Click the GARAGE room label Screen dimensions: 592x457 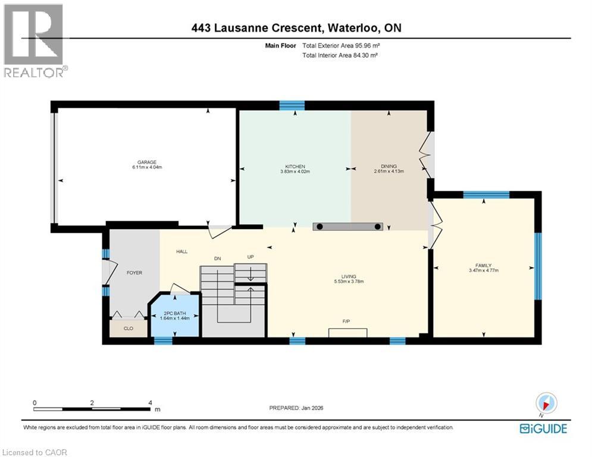pos(147,162)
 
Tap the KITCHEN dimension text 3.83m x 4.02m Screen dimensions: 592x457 pos(295,171)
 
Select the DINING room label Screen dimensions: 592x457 pos(389,166)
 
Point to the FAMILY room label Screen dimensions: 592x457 pos(484,265)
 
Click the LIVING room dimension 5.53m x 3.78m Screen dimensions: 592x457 pos(349,281)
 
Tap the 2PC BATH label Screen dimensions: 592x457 pos(175,314)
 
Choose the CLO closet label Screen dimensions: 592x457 pos(129,328)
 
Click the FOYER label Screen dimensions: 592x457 pos(134,273)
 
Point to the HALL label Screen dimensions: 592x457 pos(181,252)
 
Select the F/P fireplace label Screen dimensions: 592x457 pos(346,321)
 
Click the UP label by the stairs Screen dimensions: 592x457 pos(250,257)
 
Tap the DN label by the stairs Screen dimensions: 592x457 pos(218,259)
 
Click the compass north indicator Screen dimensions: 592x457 pos(546,403)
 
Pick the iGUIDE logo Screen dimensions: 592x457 pos(543,428)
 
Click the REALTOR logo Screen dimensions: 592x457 pos(35,40)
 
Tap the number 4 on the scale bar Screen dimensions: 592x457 pos(151,403)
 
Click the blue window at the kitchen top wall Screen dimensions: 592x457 pos(292,105)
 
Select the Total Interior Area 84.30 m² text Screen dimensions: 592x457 pos(340,55)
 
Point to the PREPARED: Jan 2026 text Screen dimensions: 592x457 pos(296,408)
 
